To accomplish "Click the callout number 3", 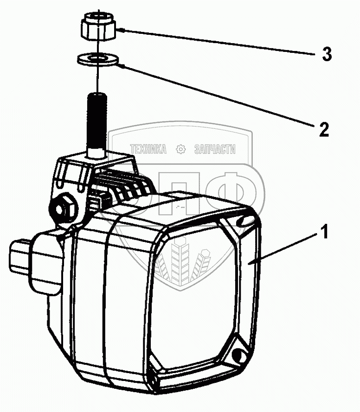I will [327, 54].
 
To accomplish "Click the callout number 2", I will [323, 128].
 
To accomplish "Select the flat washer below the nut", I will [97, 59].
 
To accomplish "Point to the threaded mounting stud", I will [96, 120].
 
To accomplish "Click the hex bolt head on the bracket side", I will [64, 208].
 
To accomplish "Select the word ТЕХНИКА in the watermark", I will [148, 149].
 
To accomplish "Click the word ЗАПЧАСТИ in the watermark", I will [214, 149].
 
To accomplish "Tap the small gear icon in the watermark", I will [180, 149].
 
